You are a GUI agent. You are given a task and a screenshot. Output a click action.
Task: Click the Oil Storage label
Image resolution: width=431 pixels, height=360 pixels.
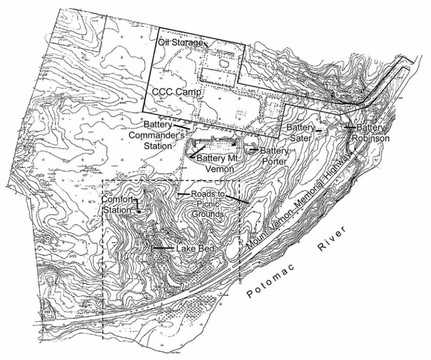tap(180, 43)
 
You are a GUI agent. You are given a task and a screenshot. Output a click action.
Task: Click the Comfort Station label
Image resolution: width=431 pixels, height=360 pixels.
tap(117, 204)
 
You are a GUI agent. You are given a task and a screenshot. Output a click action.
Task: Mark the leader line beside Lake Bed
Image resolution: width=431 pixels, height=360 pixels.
tap(163, 248)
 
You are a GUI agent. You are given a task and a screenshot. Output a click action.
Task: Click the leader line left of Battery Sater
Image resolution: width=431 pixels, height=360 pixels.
tap(319, 130)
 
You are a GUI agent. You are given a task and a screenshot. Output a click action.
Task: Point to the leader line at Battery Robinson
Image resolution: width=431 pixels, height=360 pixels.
tap(350, 128)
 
